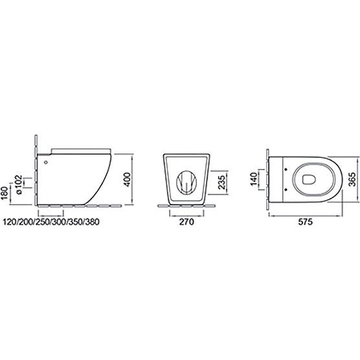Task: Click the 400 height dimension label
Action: click(127, 179)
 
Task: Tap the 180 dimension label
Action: click(5, 193)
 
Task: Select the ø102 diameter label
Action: click(18, 185)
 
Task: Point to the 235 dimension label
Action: click(221, 183)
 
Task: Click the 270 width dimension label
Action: click(186, 222)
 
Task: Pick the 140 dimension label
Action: click(253, 179)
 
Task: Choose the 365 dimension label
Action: click(352, 179)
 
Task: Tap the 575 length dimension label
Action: click(306, 222)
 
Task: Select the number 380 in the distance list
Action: click(93, 222)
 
